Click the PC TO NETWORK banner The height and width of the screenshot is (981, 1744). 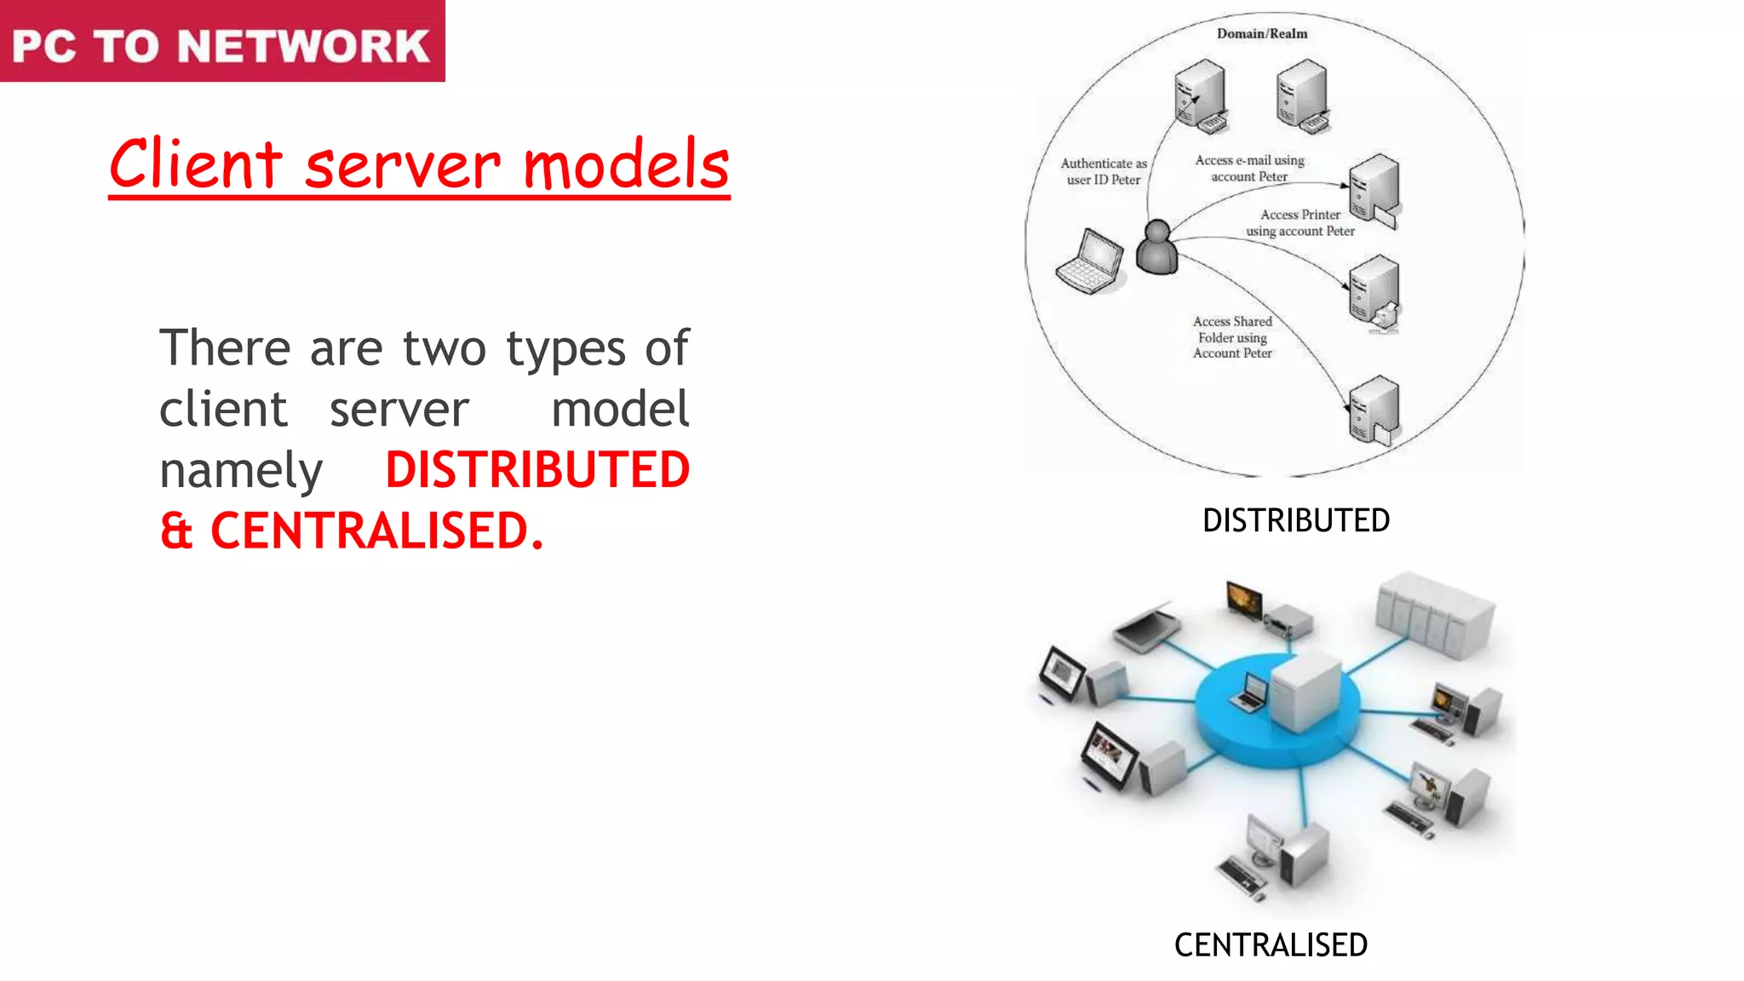tap(221, 43)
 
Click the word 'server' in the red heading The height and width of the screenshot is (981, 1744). tap(402, 166)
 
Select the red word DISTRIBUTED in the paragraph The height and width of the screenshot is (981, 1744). tap(537, 470)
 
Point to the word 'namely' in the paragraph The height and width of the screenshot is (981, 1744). tap(241, 471)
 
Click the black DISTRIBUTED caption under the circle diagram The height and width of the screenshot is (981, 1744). tap(1295, 520)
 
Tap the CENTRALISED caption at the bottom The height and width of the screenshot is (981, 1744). tap(1271, 945)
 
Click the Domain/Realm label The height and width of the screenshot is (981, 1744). tap(1261, 34)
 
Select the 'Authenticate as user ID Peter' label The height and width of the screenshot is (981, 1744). tap(1104, 171)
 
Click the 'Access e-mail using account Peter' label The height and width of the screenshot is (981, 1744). tap(1249, 169)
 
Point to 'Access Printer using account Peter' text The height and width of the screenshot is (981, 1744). tap(1300, 223)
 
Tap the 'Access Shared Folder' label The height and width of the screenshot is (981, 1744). tap(1232, 337)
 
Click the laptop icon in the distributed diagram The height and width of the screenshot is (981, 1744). tap(1090, 262)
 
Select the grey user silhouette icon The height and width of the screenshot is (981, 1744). tap(1156, 248)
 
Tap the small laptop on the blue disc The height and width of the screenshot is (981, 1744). tap(1250, 691)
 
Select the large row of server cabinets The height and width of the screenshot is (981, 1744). tap(1435, 615)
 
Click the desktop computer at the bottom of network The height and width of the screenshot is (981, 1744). tap(1277, 856)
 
